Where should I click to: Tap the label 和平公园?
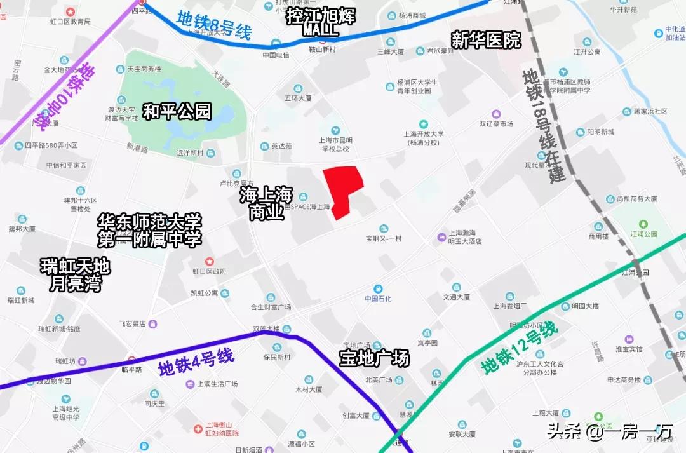click(177, 112)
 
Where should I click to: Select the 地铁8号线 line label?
click(214, 26)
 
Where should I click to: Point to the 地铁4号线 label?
click(196, 362)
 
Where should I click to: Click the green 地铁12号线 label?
click(519, 348)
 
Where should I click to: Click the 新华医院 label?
click(486, 40)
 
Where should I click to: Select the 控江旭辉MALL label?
click(320, 22)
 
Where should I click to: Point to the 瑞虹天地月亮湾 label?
click(76, 274)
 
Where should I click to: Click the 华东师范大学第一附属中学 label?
click(150, 231)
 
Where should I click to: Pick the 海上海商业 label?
click(266, 203)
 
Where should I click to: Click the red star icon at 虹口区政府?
click(210, 262)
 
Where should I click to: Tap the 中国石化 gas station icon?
click(378, 288)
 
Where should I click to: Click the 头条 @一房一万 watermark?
click(610, 432)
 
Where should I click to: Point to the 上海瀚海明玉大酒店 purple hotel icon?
click(441, 237)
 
